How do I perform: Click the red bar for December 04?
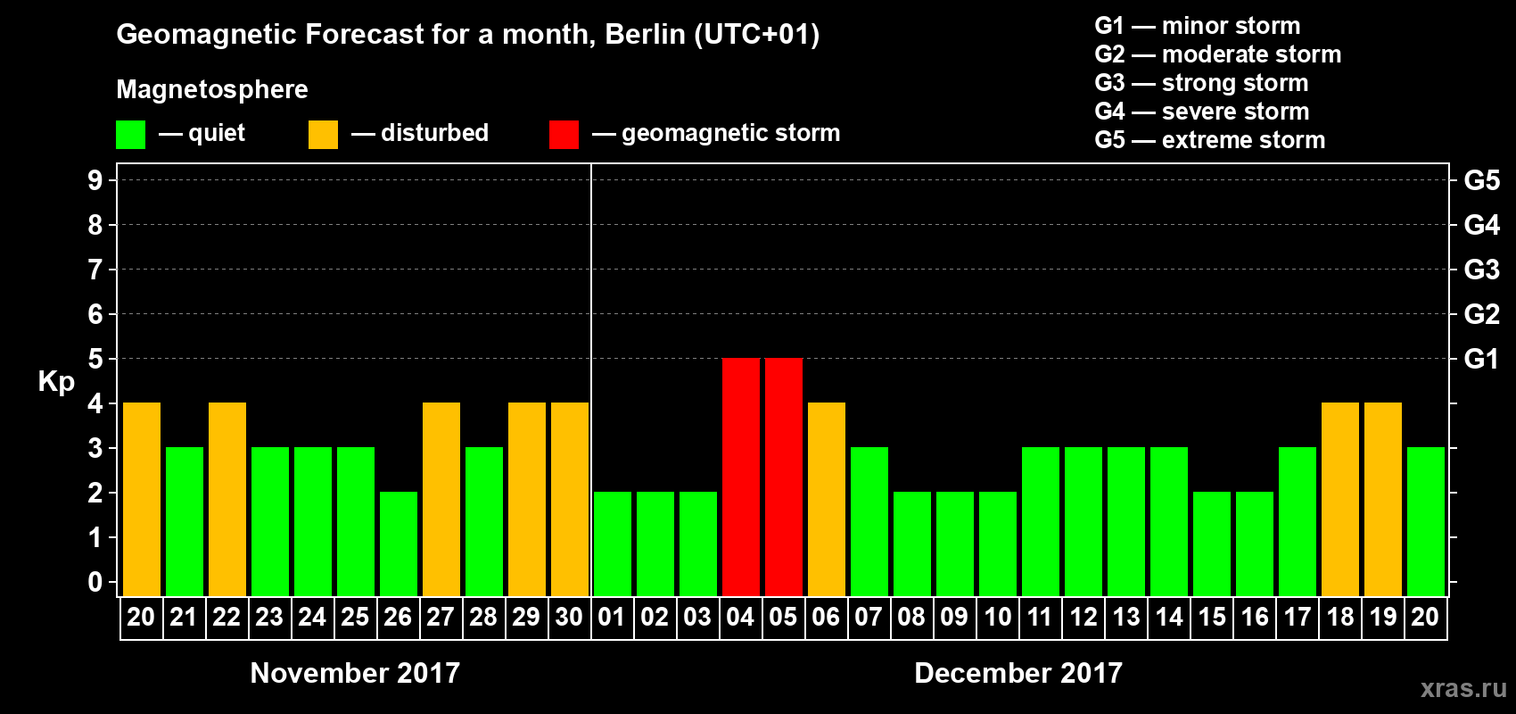[x=740, y=477]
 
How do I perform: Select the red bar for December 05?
[x=783, y=477]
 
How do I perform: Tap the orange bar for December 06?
[x=826, y=499]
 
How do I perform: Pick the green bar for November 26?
[x=398, y=544]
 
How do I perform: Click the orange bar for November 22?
[x=227, y=499]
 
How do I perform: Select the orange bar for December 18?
[x=1339, y=499]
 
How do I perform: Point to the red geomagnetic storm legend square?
[x=564, y=135]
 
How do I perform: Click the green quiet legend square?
[x=130, y=135]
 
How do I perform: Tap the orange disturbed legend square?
[x=323, y=135]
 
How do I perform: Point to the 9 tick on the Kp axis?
[x=95, y=180]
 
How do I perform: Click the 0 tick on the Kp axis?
[x=95, y=583]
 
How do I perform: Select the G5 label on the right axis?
[x=1481, y=180]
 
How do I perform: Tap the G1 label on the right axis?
[x=1481, y=359]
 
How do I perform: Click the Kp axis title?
[x=56, y=382]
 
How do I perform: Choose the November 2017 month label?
[x=355, y=673]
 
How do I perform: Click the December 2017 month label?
[x=1018, y=673]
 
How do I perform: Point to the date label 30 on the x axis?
[x=569, y=617]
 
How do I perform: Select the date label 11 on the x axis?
[x=1040, y=617]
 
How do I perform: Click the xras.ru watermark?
[x=1462, y=688]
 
